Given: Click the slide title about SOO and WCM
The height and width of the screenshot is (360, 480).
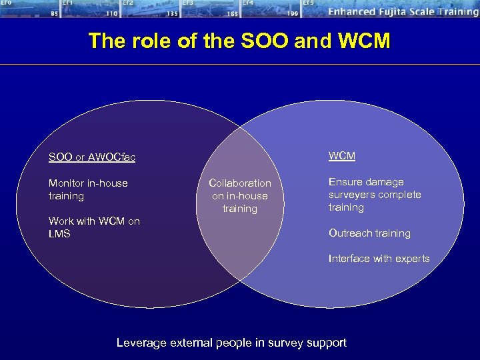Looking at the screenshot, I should click(x=239, y=41).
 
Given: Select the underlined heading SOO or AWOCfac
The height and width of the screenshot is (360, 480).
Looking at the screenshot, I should click(x=91, y=157).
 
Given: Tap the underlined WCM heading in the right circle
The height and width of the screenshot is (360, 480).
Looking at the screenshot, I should click(x=341, y=156).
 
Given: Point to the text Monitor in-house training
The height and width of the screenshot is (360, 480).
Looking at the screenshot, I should click(x=88, y=189).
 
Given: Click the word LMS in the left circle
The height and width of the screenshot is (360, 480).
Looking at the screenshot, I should click(x=59, y=234).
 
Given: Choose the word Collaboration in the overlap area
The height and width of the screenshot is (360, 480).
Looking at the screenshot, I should click(x=240, y=183).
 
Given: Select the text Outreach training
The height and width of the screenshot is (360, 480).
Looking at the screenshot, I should click(x=369, y=233).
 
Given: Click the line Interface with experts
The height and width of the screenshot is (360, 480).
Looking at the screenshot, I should click(x=379, y=259).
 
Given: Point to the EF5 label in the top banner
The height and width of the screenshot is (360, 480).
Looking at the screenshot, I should click(x=308, y=3).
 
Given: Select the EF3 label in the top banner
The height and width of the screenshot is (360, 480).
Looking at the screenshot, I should click(x=189, y=3).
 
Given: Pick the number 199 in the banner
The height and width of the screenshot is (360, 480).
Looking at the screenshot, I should click(x=292, y=13).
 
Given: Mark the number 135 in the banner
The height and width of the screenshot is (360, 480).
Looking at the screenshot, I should click(x=172, y=13).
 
